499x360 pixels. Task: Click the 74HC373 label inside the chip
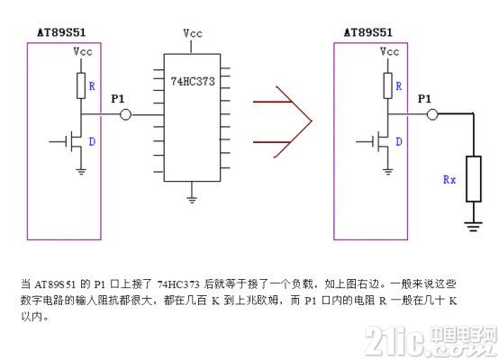click(193, 81)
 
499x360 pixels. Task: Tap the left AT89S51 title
click(61, 32)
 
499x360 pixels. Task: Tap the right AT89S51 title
click(368, 32)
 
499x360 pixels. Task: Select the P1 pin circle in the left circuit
click(126, 114)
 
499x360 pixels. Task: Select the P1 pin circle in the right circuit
click(432, 114)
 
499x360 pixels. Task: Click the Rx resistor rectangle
click(474, 179)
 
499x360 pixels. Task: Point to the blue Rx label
click(449, 180)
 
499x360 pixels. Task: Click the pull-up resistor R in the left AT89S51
click(81, 85)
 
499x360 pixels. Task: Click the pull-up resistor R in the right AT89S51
click(387, 85)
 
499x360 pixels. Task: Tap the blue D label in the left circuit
click(92, 141)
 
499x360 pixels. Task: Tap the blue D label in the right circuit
click(399, 141)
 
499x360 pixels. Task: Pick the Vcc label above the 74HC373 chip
click(193, 33)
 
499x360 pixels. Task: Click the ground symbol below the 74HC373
click(192, 200)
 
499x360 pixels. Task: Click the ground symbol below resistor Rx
click(473, 226)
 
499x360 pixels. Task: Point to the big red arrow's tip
click(312, 121)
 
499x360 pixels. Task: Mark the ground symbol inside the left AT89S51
click(81, 172)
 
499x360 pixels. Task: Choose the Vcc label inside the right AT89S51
click(389, 51)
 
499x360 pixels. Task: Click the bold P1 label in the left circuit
click(118, 99)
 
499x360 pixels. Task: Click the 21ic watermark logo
click(431, 340)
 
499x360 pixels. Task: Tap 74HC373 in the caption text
click(179, 284)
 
